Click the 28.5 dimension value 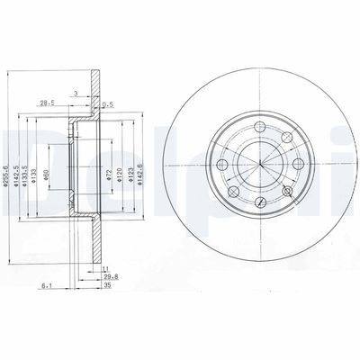coord(46,103)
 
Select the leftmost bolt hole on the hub coord(220,163)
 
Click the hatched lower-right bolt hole coord(286,193)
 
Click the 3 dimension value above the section coord(76,93)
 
